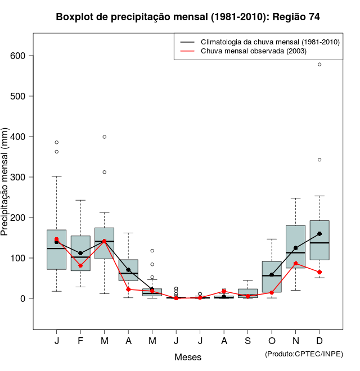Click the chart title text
(x=188, y=17)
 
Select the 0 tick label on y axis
(x=23, y=298)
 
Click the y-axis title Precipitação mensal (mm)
(x=5, y=188)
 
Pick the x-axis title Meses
(x=188, y=357)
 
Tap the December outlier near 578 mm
(x=319, y=65)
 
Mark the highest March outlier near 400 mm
(x=105, y=137)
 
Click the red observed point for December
(x=319, y=272)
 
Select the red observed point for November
(x=296, y=263)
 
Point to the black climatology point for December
(x=319, y=234)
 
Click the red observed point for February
(x=80, y=265)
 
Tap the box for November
(x=296, y=246)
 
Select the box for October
(x=272, y=277)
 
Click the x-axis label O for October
(x=272, y=341)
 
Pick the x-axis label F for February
(x=80, y=341)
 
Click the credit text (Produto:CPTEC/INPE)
(x=304, y=354)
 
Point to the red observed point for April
(x=128, y=289)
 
